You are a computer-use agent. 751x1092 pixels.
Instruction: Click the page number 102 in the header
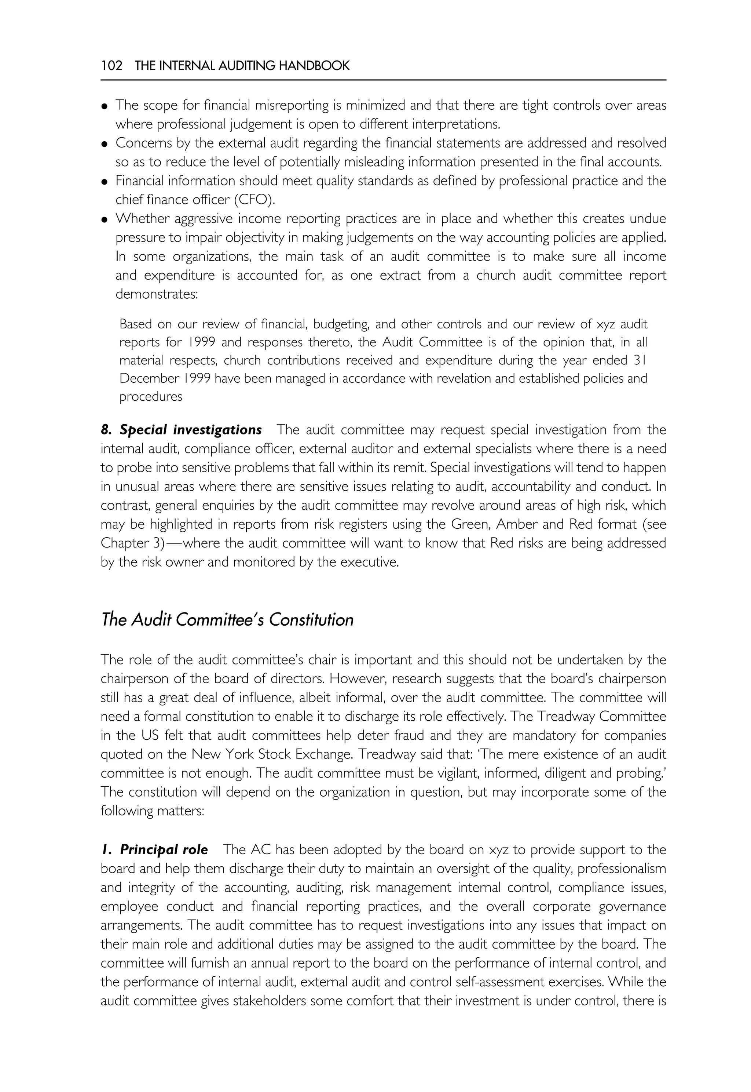click(111, 65)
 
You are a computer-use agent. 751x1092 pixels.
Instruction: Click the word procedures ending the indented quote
click(151, 397)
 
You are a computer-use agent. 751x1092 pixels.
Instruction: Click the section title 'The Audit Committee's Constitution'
click(227, 620)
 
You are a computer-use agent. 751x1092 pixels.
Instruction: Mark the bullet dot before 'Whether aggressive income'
click(105, 219)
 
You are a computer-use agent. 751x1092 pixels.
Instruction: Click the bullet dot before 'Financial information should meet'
click(105, 182)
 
